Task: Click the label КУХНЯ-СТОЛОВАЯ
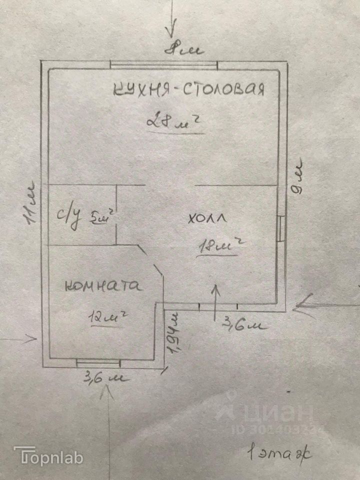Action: coord(188,89)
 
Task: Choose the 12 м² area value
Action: coord(106,316)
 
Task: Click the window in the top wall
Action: coord(163,63)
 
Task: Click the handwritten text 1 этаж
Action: coord(278,455)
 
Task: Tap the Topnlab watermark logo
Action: coord(48,456)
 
